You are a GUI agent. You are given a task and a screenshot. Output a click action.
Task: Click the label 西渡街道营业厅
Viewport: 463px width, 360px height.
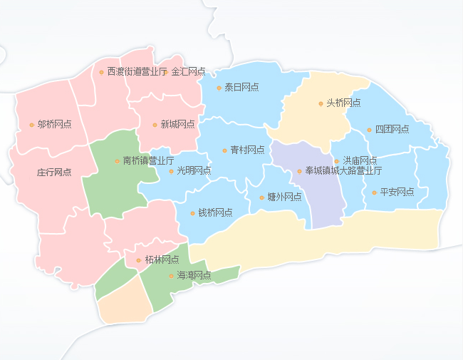(137, 72)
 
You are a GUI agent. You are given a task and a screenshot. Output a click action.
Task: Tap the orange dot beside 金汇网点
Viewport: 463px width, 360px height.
(167, 72)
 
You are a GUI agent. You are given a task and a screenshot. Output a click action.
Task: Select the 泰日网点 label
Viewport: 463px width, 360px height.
(241, 88)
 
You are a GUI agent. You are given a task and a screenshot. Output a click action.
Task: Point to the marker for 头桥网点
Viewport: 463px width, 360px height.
(321, 104)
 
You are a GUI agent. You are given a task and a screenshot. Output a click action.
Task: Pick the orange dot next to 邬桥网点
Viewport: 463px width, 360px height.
(31, 125)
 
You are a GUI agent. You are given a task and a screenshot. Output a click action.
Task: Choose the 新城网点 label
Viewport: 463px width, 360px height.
(178, 125)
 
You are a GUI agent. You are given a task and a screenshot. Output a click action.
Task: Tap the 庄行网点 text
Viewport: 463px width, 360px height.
(54, 173)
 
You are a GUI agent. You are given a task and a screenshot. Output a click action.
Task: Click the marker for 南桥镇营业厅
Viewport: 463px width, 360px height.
(117, 161)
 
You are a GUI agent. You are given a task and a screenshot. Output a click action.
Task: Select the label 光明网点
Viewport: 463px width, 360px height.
(194, 171)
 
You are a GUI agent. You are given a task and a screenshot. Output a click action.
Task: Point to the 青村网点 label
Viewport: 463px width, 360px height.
(248, 150)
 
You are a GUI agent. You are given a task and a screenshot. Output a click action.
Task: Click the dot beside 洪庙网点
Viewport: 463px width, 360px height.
(337, 161)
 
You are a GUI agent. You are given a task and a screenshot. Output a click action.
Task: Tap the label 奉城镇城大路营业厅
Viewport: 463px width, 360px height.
(343, 171)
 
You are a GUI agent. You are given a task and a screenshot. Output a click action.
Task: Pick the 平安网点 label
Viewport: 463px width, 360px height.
(397, 192)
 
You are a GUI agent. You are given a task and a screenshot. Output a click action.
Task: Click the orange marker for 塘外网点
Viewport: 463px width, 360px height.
(261, 197)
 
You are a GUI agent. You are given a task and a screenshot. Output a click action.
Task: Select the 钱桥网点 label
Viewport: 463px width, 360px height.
(215, 213)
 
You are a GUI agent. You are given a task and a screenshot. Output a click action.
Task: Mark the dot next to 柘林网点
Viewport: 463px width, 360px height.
(138, 260)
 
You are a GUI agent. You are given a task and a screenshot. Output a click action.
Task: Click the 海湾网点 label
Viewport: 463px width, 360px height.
(194, 275)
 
